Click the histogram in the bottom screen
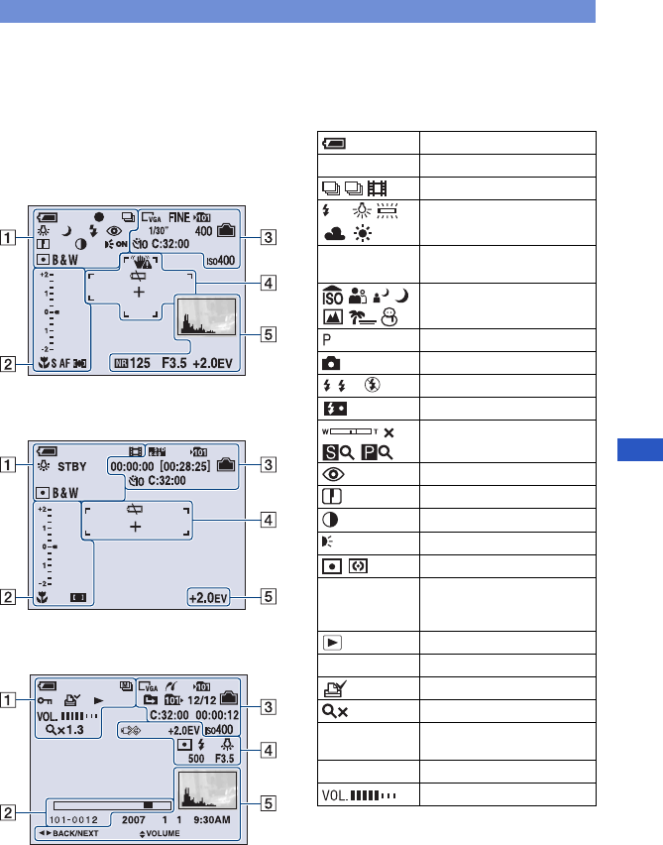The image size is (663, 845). coord(206,780)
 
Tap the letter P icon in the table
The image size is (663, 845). coord(324,334)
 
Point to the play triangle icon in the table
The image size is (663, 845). coord(328,641)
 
